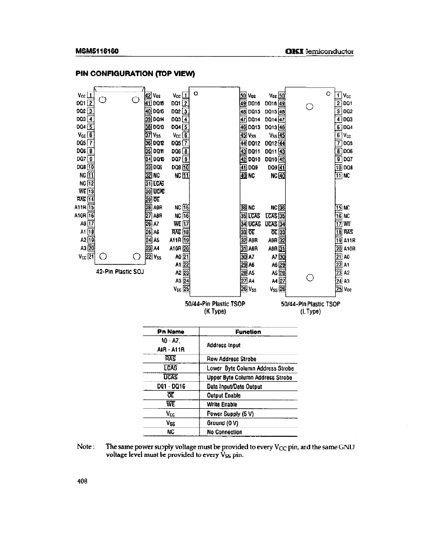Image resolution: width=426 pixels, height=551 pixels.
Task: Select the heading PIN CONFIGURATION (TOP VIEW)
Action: pyautogui.click(x=135, y=73)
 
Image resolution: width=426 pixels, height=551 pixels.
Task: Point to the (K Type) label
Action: pyautogui.click(x=215, y=311)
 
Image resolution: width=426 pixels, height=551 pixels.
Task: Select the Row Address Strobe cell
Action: pyautogui.click(x=231, y=359)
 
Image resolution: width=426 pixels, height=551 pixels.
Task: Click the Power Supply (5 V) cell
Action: pyautogui.click(x=231, y=414)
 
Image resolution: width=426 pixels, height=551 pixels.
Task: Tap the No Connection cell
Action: pyautogui.click(x=225, y=432)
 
